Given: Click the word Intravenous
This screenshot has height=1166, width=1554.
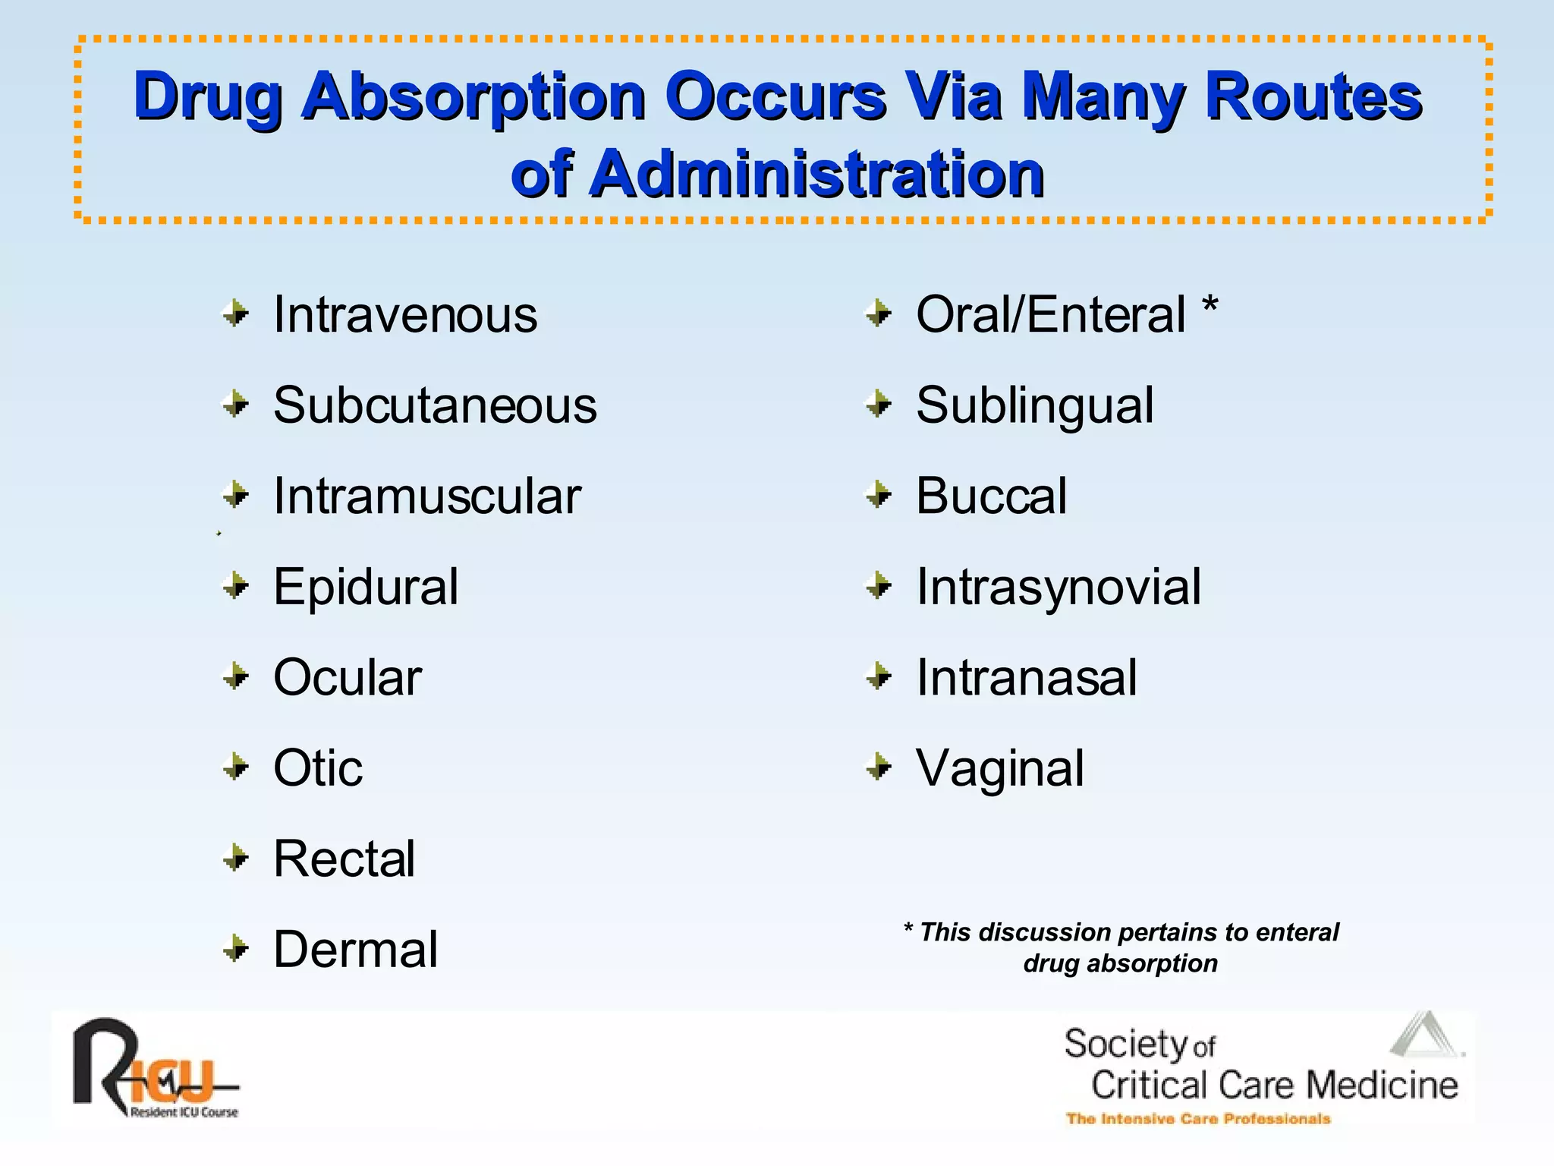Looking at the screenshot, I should [405, 315].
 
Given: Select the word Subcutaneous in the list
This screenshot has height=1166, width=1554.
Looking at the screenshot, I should [435, 405].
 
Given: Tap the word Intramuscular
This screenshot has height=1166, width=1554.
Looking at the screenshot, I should [427, 496].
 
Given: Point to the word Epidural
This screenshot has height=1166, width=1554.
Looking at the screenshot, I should [366, 587].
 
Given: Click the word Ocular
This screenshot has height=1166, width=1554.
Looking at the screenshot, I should [348, 677].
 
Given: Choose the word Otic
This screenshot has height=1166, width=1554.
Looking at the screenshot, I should [318, 768].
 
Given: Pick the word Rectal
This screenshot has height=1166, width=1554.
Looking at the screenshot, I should [344, 859].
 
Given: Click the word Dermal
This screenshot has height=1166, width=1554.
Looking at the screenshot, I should [356, 950].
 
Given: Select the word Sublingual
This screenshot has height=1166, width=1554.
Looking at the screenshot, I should [1035, 405].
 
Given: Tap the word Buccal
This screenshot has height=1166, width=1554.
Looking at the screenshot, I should [991, 496].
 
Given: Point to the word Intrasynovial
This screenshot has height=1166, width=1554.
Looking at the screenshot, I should [1059, 587].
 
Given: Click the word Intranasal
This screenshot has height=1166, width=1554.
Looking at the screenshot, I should [1027, 677].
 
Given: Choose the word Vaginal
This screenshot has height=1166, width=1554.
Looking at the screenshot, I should [1000, 768].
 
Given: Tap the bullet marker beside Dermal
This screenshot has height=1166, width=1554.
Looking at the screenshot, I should [236, 949].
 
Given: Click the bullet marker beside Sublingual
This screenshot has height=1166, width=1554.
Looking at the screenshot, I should [879, 405].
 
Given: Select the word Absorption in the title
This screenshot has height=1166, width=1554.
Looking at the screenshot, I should [473, 96].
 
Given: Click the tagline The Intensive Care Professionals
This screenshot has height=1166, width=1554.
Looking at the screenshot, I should [1198, 1119].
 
